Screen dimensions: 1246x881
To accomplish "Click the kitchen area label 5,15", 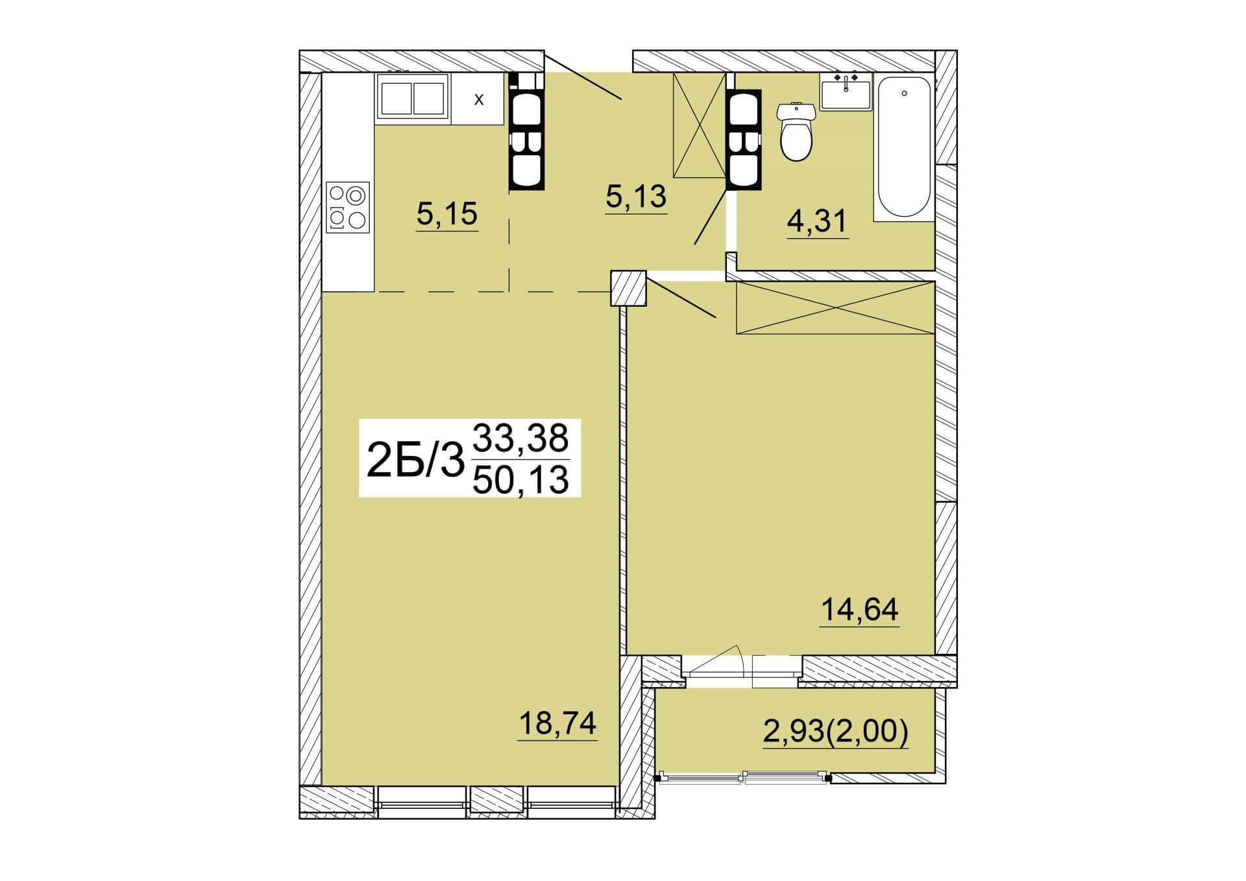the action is pyautogui.click(x=447, y=213).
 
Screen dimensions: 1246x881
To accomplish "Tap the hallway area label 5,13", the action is pyautogui.click(x=636, y=196).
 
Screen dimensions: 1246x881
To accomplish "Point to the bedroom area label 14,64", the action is pyautogui.click(x=860, y=609).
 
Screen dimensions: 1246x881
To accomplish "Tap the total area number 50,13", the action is pyautogui.click(x=521, y=480).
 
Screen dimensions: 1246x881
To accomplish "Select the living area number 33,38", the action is pyautogui.click(x=521, y=438).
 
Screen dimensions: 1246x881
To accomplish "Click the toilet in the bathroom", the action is pyautogui.click(x=796, y=133).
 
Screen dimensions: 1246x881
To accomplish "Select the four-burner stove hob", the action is pyautogui.click(x=348, y=207).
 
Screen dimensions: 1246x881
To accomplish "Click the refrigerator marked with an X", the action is pyautogui.click(x=478, y=99).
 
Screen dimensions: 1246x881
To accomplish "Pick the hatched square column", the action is pyautogui.click(x=629, y=288).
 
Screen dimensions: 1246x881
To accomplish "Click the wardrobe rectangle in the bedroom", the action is pyautogui.click(x=835, y=308).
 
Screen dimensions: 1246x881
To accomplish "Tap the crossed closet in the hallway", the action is pyautogui.click(x=699, y=125).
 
